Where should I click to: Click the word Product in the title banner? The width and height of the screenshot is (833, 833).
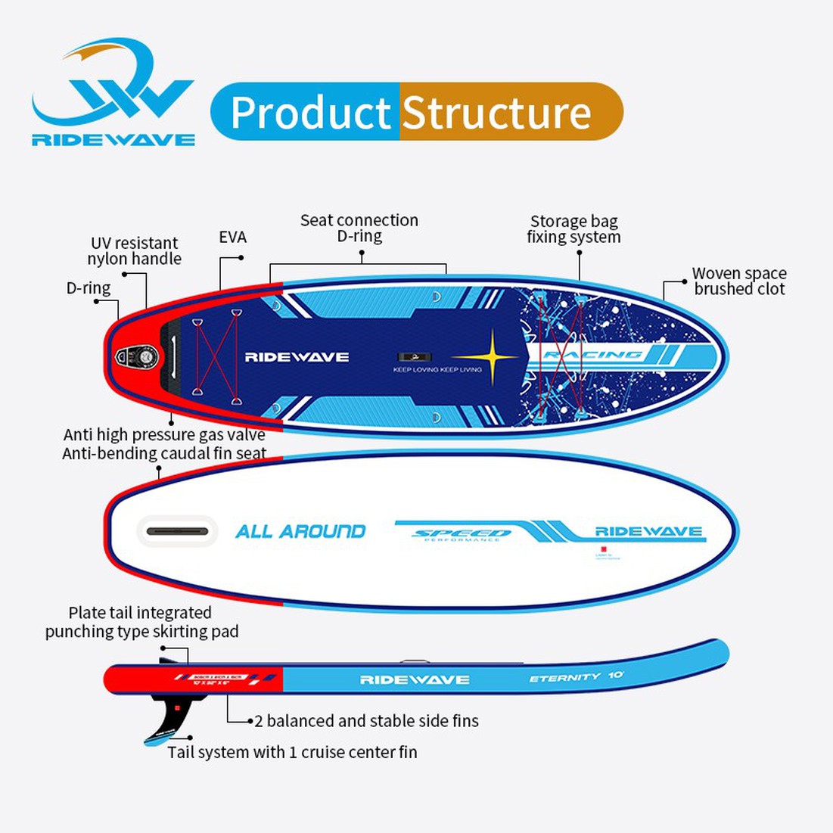coord(309,113)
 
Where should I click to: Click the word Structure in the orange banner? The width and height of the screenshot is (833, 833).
coord(496,113)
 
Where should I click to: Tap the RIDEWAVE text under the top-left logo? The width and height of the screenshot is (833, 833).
coord(113,140)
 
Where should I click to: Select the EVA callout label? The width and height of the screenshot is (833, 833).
coord(233,238)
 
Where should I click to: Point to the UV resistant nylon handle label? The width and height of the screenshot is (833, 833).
coord(134,251)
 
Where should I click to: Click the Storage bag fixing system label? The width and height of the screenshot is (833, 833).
coord(573,229)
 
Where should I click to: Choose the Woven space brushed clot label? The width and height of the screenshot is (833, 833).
coord(739,281)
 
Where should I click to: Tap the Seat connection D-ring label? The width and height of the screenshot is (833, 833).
coord(359,228)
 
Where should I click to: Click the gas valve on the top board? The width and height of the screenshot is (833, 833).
coord(137,356)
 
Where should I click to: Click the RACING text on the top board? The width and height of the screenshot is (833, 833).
coord(593,355)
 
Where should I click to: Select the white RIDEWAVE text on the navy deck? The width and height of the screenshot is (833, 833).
coord(297,357)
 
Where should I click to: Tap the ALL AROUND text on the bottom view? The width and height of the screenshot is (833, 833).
coord(300,531)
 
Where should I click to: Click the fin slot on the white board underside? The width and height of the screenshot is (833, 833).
coord(177,531)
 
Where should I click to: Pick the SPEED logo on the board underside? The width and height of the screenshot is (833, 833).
coord(462,533)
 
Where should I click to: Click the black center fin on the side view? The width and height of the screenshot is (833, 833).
coord(166,715)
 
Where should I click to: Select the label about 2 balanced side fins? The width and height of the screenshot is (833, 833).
coord(366,721)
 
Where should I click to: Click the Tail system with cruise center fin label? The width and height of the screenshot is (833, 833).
coord(292,752)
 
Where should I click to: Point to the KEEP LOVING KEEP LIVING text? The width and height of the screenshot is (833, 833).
coord(437,370)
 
